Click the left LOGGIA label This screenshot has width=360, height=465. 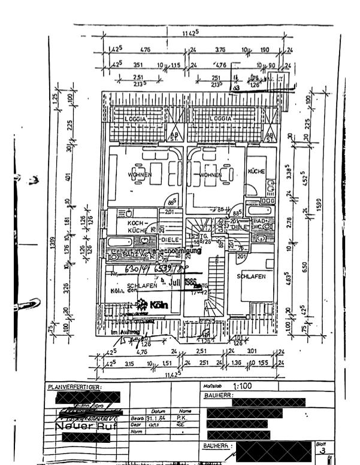pos(140,119)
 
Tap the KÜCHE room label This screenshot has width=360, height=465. pos(256,172)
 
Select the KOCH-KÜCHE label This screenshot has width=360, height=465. pos(137,226)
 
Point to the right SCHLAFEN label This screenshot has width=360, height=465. pos(250,277)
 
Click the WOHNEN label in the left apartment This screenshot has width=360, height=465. pos(140,175)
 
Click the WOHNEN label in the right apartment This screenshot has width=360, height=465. pos(211,175)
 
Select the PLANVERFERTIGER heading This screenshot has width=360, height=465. pos(75,388)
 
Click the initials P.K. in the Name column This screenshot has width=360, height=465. pos(180,418)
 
